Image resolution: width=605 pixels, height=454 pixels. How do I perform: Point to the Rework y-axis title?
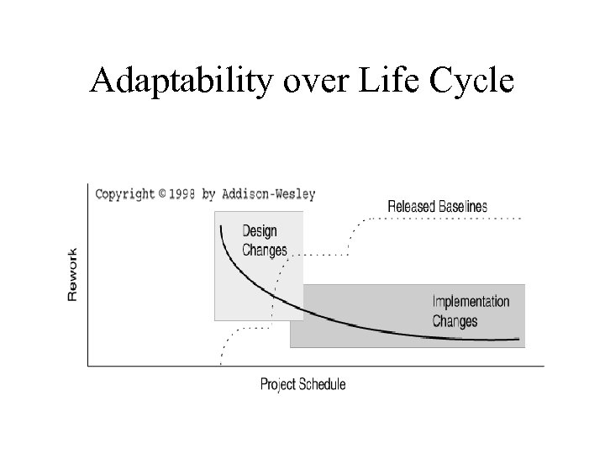73,275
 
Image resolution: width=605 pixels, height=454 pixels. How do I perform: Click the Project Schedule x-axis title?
302,384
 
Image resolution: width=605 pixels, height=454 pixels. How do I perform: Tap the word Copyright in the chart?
125,193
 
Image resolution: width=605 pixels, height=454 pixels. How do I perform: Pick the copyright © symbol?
161,193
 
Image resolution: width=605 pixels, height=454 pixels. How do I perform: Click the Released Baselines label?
437,206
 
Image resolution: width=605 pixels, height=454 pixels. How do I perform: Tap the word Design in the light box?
260,231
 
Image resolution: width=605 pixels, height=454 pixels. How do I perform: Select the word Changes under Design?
264,250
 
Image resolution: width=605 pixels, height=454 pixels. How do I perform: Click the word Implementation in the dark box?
471,302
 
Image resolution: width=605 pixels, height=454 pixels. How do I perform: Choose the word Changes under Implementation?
455,320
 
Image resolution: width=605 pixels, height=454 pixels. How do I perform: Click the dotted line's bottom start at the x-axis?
220,363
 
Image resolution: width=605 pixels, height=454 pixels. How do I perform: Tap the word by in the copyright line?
208,193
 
